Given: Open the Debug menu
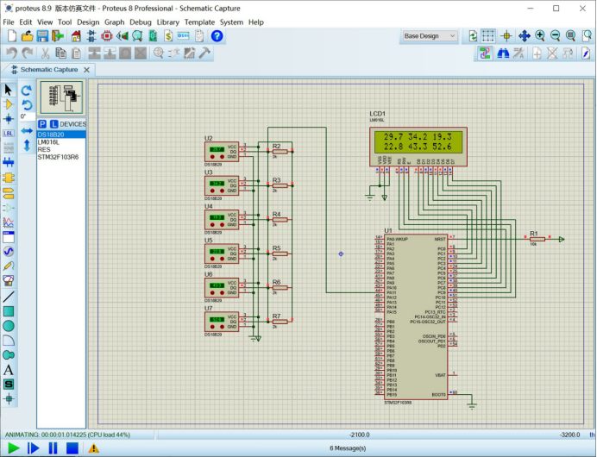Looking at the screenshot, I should [140, 22].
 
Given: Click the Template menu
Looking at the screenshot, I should [199, 22].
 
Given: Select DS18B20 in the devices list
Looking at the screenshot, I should [49, 135].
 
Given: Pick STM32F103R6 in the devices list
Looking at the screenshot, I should [57, 157].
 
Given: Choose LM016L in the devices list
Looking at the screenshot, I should [49, 142].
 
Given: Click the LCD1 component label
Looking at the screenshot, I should [377, 114].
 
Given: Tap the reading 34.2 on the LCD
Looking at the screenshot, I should [417, 137].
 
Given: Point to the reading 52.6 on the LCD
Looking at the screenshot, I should [441, 147].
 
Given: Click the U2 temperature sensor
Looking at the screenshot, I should [222, 152].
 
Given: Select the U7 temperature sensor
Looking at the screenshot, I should [222, 322].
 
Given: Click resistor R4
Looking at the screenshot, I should [280, 220].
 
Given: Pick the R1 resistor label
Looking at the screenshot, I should [533, 233].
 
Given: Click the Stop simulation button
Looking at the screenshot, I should [72, 448].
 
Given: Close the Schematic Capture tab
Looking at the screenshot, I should [87, 70].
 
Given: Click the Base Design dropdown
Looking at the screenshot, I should [432, 36].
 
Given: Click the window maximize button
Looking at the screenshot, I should [556, 8].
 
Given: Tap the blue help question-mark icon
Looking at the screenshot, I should [217, 36].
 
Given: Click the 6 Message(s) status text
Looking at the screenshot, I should [348, 448].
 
